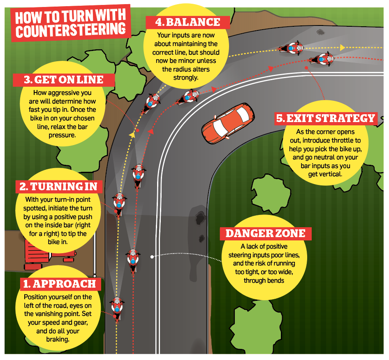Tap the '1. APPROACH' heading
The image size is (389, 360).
click(x=60, y=284)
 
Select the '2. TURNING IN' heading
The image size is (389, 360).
click(x=58, y=187)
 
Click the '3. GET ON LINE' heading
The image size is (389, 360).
click(x=64, y=80)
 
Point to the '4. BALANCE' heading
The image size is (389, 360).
click(x=188, y=22)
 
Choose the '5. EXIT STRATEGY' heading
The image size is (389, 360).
click(x=326, y=118)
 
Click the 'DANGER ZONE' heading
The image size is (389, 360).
click(x=266, y=233)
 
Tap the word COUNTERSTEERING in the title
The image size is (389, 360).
click(x=71, y=30)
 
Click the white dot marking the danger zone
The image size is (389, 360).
click(x=152, y=257)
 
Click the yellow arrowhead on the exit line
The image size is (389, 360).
click(x=343, y=48)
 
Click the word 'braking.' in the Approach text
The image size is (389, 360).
click(x=58, y=339)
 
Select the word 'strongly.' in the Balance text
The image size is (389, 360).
click(x=186, y=78)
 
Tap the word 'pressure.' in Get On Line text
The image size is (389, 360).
click(x=62, y=135)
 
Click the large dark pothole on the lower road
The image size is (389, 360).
click(x=200, y=218)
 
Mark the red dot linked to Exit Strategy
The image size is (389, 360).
click(x=306, y=68)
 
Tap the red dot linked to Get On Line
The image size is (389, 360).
click(x=137, y=130)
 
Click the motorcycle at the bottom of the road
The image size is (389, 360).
click(x=117, y=309)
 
